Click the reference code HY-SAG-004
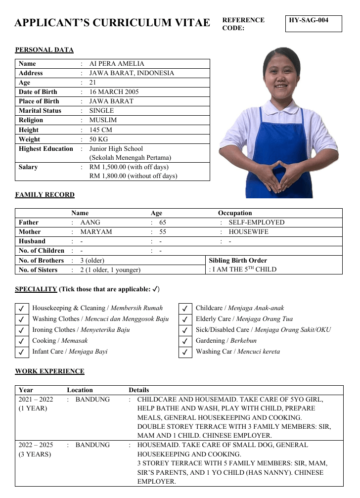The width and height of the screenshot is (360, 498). click(309, 20)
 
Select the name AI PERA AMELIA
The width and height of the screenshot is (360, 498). click(117, 64)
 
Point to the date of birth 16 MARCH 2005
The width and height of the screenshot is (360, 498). click(114, 92)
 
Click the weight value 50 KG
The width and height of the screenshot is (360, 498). click(98, 139)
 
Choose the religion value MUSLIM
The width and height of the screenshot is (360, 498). click(103, 120)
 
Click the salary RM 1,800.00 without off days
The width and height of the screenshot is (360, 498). click(133, 176)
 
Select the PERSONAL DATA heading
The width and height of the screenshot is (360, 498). click(44, 50)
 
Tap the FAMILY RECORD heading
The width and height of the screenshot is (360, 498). click(45, 195)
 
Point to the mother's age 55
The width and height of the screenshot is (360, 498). click(163, 232)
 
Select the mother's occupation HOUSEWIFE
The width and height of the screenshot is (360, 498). click(248, 232)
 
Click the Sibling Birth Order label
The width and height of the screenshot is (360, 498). click(238, 260)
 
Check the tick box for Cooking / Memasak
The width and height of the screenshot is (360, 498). click(22, 341)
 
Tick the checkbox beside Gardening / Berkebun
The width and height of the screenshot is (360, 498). click(184, 341)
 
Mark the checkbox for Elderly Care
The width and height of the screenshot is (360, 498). click(184, 319)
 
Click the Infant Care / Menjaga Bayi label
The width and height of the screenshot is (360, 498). click(70, 352)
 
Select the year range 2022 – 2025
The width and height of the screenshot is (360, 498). click(36, 445)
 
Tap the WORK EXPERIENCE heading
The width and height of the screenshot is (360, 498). click(49, 371)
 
